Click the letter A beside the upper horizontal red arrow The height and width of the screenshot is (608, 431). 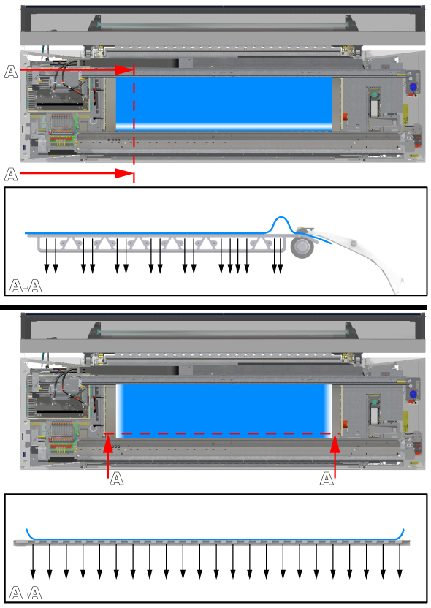(x=11, y=72)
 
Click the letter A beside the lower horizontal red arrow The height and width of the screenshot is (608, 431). (x=11, y=175)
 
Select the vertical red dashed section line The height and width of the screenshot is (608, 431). (x=134, y=123)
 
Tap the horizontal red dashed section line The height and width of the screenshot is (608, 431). (x=221, y=433)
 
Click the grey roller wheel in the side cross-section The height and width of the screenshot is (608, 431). (x=302, y=246)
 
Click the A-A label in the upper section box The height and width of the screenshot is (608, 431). (x=25, y=286)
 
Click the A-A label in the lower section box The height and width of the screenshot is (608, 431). (x=25, y=593)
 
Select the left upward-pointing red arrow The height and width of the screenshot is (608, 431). (x=108, y=456)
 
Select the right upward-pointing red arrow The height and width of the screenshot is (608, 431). (x=335, y=456)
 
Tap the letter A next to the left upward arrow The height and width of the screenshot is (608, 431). (x=117, y=479)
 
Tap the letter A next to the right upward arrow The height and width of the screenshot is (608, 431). (x=327, y=479)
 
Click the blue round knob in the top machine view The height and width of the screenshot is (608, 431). (x=413, y=87)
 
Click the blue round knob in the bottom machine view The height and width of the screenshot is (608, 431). (x=413, y=395)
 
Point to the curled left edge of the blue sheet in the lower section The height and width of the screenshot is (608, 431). (x=29, y=534)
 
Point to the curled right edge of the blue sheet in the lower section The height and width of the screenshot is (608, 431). (x=401, y=534)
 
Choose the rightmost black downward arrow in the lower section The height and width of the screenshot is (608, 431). (x=400, y=561)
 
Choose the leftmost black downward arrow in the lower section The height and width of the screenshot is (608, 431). (x=33, y=561)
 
